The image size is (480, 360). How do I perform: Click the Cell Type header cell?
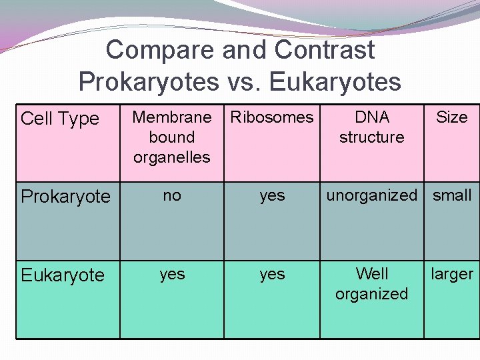60,119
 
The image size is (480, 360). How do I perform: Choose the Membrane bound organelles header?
172,137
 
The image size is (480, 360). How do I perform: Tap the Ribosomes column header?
272,117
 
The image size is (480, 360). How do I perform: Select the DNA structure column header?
372,127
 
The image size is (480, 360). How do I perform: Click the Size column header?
451,117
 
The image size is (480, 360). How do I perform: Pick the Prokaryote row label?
65,197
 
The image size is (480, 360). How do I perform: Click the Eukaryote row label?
63,275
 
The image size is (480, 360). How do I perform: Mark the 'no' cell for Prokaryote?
172,195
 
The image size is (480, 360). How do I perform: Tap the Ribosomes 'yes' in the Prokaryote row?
272,195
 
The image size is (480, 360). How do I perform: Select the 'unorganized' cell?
371,195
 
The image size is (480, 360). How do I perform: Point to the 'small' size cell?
452,195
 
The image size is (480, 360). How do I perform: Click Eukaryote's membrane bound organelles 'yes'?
172,274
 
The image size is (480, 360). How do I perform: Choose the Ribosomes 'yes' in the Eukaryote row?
272,274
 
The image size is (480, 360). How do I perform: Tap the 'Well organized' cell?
372,284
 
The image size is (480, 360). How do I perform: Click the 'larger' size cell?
452,274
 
